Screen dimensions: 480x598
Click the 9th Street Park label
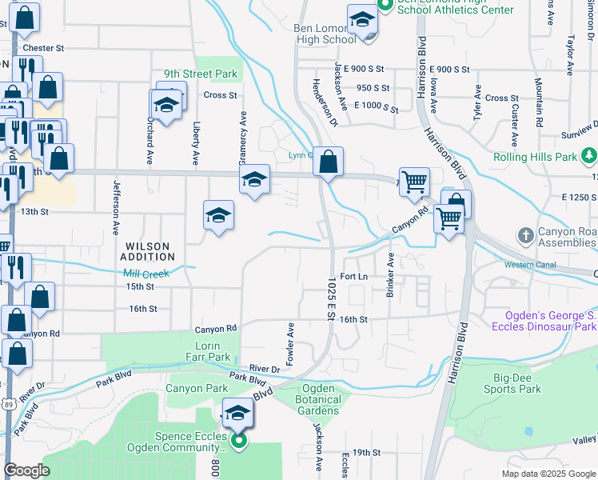201,74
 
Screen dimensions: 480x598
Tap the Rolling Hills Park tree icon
588,154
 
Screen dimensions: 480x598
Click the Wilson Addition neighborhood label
147,251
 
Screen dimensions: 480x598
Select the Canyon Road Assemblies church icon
525,235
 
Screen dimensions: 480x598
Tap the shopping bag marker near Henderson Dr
328,162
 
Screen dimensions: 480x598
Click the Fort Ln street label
353,276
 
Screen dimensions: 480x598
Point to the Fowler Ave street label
291,344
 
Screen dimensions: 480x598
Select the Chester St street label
42,48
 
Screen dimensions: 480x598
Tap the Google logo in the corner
27,470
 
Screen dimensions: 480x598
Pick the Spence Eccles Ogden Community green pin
237,441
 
